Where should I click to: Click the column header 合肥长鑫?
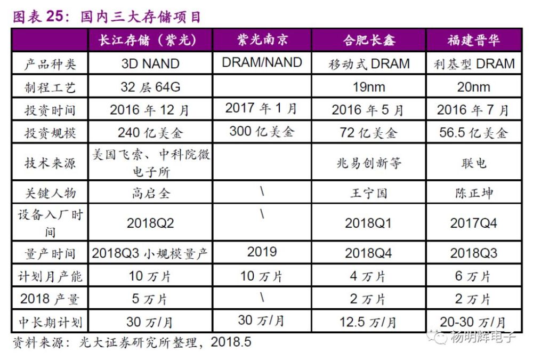click(369, 41)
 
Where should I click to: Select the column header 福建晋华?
click(473, 41)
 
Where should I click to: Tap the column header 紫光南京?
click(262, 41)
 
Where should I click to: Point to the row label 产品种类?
click(50, 64)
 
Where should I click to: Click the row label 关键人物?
click(50, 193)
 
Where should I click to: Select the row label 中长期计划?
click(50, 322)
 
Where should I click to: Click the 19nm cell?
click(369, 87)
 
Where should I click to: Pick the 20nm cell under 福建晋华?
click(473, 87)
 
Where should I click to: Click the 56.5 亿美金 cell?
click(473, 132)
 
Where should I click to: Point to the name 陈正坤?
click(473, 193)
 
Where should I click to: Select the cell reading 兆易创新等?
click(369, 163)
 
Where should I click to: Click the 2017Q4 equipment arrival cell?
click(473, 223)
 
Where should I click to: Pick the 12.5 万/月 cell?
click(369, 322)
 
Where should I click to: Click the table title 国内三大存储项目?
click(141, 17)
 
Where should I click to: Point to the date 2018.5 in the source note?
click(230, 342)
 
